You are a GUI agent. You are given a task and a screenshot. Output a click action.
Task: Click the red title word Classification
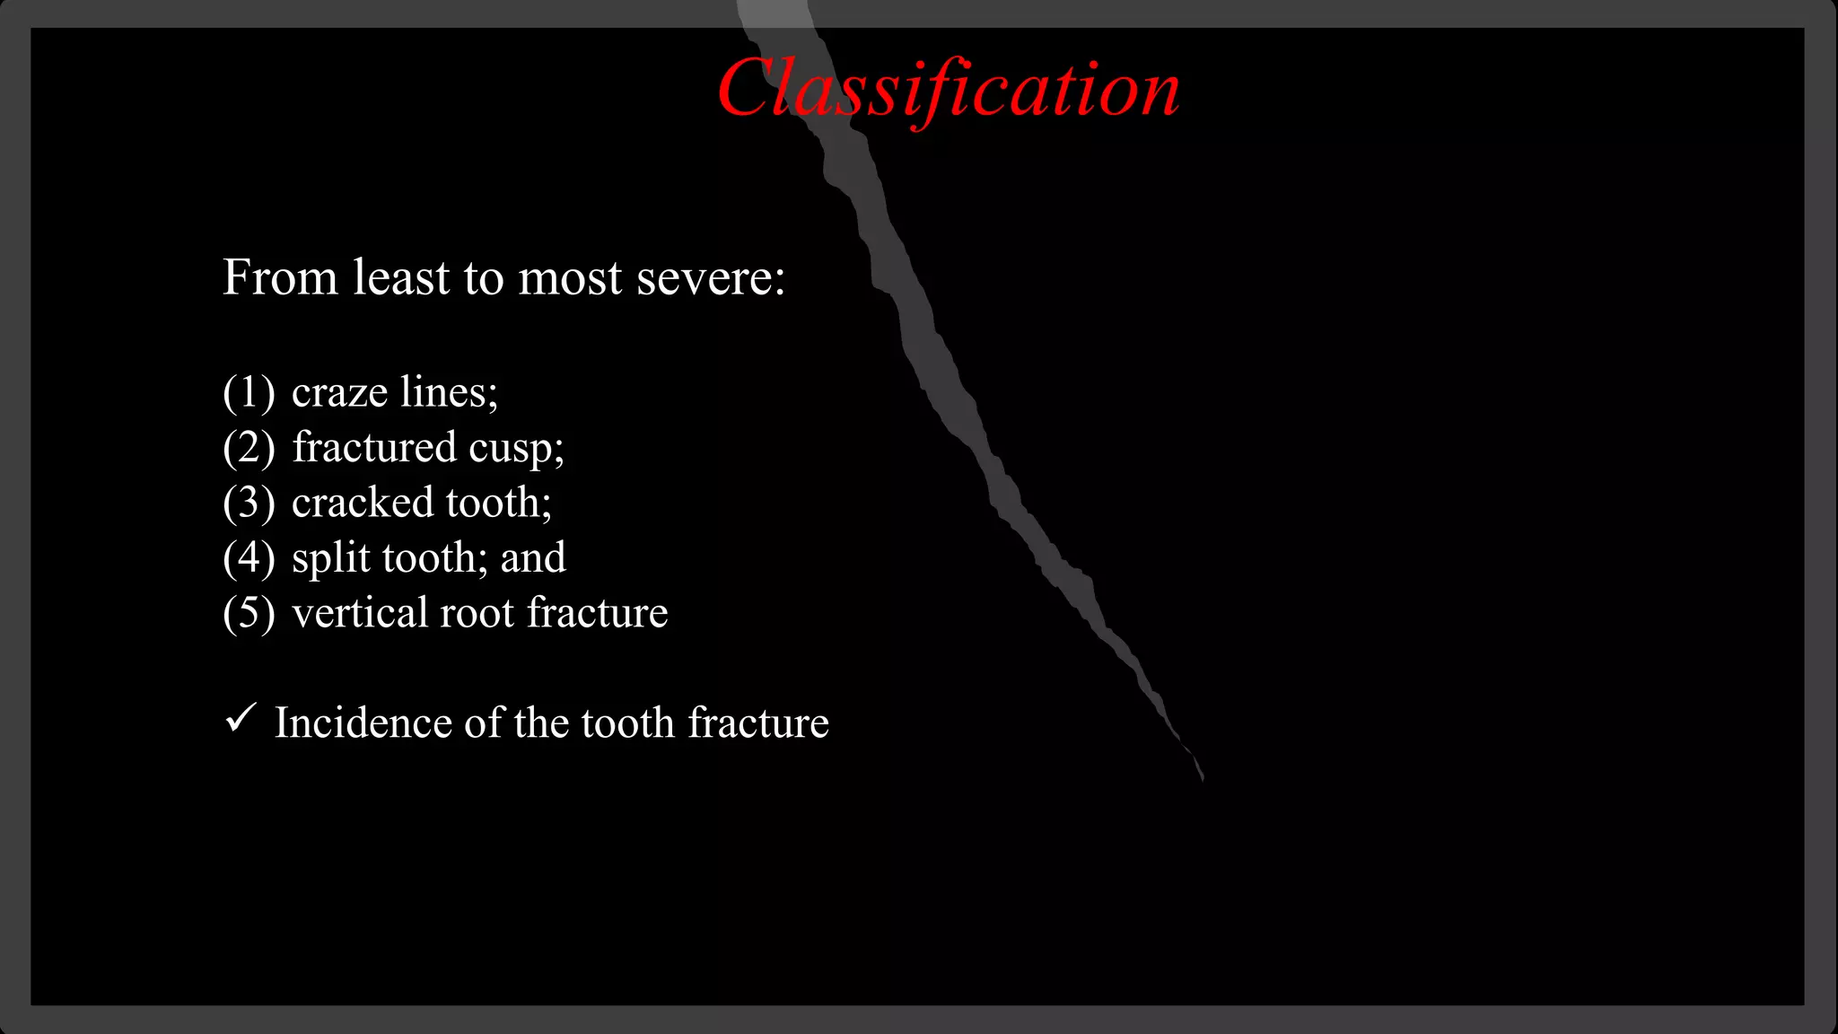949,90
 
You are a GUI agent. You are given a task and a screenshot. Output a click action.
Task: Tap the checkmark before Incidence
241,718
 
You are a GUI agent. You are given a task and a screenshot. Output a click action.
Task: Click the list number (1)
249,392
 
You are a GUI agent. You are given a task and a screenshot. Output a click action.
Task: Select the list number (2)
249,448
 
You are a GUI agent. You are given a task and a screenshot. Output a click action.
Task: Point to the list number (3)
249,503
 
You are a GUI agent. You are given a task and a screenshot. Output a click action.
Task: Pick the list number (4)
249,558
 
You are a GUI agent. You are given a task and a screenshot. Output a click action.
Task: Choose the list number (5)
249,613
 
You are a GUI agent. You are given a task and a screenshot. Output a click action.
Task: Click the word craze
339,393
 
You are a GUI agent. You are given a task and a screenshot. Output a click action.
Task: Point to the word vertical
359,613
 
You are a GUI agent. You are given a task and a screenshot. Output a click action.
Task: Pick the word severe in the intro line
710,277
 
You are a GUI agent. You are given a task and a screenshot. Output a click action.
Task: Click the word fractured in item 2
374,447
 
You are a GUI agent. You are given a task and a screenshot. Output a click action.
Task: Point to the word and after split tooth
533,558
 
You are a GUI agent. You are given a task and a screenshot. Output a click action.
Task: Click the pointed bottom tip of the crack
1202,779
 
